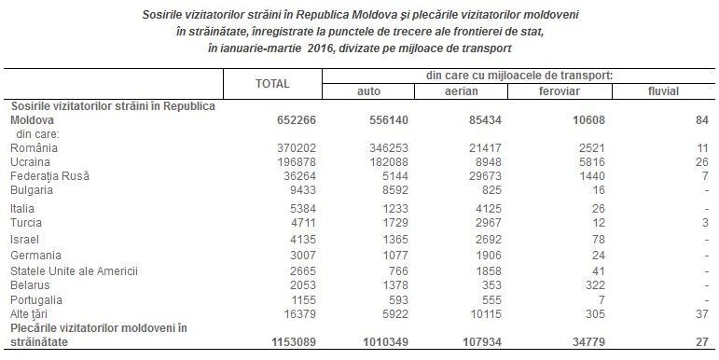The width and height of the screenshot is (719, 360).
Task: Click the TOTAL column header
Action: click(272, 84)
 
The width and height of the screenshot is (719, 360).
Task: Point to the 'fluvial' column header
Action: click(662, 91)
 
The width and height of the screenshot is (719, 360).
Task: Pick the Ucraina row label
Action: click(31, 162)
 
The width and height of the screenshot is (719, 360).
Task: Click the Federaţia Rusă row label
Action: click(48, 176)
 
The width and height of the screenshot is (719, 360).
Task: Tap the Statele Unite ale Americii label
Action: click(74, 270)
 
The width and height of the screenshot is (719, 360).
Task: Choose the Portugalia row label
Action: click(36, 300)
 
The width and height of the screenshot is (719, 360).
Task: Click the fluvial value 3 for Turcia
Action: click(706, 223)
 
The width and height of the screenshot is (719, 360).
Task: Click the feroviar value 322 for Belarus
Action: click(587, 284)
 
